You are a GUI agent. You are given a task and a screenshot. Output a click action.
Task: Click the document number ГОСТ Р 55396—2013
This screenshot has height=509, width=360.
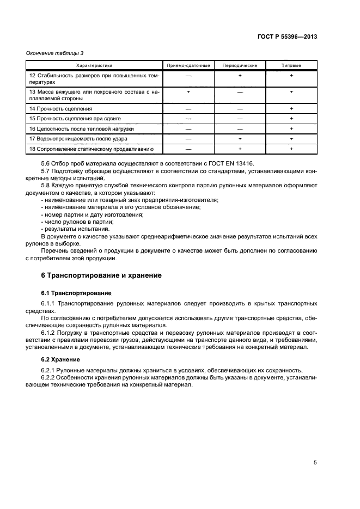(x=287, y=37)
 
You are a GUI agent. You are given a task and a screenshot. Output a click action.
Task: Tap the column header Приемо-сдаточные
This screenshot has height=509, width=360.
(x=188, y=65)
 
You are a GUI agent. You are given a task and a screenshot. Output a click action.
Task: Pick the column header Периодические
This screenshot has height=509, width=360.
(x=240, y=65)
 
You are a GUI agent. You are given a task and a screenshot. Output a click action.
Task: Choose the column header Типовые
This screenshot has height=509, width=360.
(x=291, y=65)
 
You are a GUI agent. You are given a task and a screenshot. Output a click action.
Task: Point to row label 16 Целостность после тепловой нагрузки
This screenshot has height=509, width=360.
(x=81, y=129)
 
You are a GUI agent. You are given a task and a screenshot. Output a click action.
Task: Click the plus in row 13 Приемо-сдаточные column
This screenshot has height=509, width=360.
(x=188, y=92)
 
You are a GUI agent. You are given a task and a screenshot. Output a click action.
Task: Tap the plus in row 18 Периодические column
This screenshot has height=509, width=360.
(x=240, y=149)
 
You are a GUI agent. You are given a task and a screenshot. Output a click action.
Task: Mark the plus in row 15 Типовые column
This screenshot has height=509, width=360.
(x=291, y=119)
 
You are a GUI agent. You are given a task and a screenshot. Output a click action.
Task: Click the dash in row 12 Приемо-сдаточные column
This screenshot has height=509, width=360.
(x=188, y=75)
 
